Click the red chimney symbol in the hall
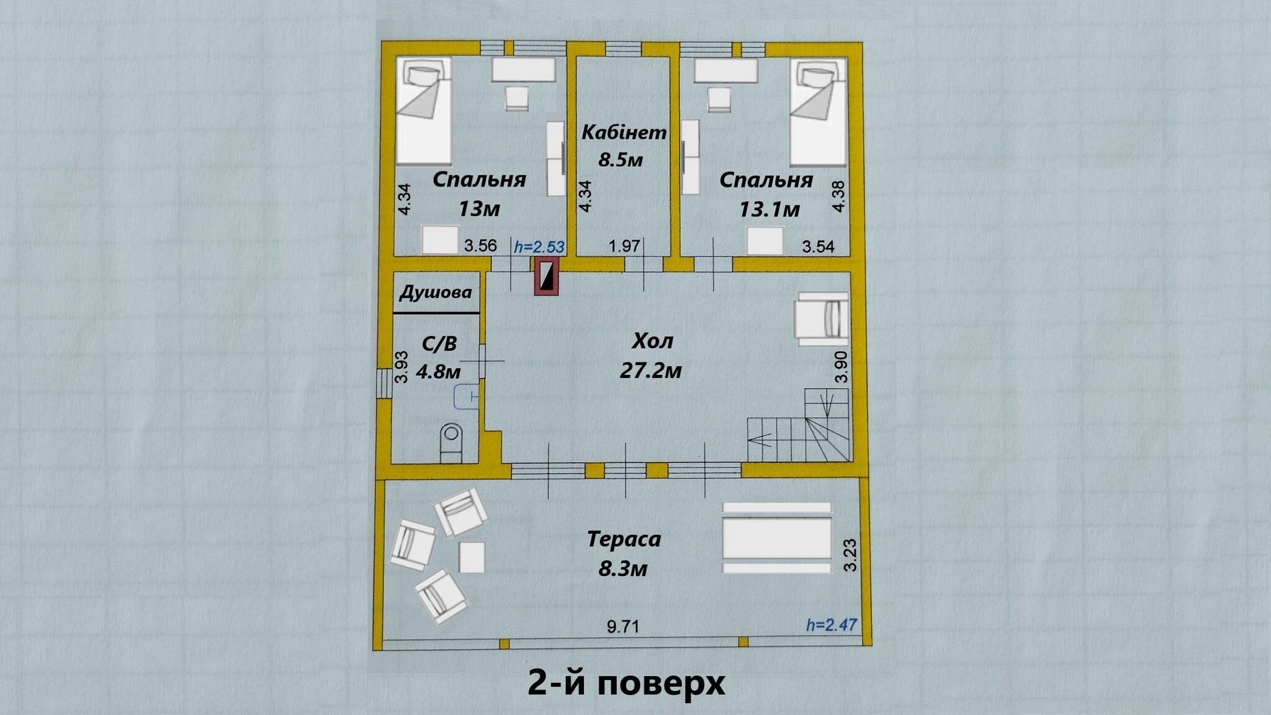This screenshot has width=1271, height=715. pos(547,276)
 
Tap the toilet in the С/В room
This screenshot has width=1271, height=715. pos(451,442)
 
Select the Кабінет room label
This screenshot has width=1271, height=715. pos(624,132)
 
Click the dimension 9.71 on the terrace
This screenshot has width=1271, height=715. pos(623,627)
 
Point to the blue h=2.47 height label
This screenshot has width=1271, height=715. pos(831,624)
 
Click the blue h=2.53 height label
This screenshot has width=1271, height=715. pos(539,246)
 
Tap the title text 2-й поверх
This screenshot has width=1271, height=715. pos(626,683)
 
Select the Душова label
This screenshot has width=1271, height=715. pos(436,292)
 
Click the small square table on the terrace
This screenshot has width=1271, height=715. pos(472,557)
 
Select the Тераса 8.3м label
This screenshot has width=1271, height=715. pos(624,552)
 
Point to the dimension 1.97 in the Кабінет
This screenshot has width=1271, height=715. pos(624,246)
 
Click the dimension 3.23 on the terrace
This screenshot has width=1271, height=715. pos(850,555)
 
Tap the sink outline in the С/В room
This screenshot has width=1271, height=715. pos(465,397)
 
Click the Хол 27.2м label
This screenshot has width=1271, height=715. pos(651,356)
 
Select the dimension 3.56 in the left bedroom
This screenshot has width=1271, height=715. pos(480,245)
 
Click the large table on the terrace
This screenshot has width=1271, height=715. pos(776,538)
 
